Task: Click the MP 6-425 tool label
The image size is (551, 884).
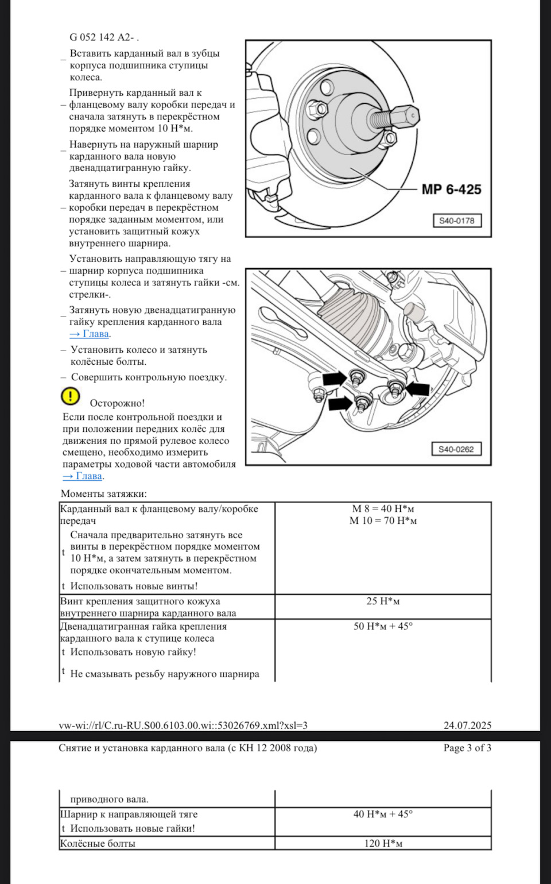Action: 451,190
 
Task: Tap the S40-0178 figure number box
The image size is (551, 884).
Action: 457,221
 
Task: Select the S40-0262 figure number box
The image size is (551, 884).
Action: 456,449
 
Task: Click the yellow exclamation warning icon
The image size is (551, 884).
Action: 70,396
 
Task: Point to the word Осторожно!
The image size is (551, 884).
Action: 117,403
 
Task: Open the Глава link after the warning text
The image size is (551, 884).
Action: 83,476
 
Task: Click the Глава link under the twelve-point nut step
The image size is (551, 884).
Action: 89,334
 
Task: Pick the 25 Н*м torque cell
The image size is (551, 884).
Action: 383,601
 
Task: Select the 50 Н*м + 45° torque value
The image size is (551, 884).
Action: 383,626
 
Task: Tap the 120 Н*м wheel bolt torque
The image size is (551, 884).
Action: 383,843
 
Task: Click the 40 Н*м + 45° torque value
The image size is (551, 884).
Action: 383,814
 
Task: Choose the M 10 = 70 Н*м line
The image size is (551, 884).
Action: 383,521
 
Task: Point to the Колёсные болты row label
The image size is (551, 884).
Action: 98,843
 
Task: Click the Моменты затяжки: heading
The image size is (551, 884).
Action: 103,494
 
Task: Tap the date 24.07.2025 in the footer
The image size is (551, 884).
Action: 467,725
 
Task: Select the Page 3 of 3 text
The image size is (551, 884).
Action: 467,748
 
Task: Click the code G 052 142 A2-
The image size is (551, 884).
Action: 104,37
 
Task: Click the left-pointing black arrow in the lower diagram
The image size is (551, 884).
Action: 417,389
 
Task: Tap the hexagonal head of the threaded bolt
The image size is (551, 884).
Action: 408,115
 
